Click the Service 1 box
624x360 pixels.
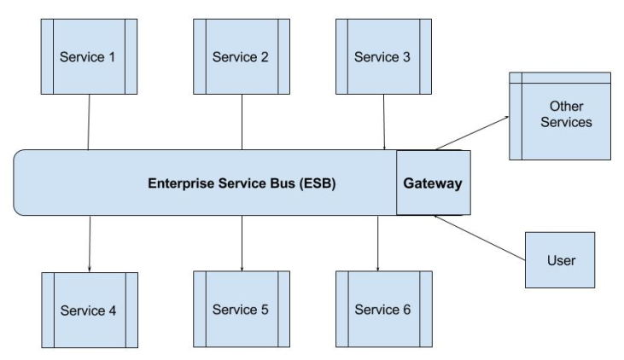point(88,57)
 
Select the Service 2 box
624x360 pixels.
point(241,57)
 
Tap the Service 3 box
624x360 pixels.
point(382,57)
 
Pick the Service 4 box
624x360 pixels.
point(88,308)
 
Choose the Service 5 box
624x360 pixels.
point(241,308)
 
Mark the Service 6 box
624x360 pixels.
point(382,308)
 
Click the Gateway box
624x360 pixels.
point(434,183)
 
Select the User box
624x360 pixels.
point(559,259)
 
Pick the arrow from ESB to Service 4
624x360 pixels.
point(89,243)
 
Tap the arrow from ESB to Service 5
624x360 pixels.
point(242,243)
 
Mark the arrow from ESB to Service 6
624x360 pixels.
point(378,243)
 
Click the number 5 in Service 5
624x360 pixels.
point(265,308)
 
